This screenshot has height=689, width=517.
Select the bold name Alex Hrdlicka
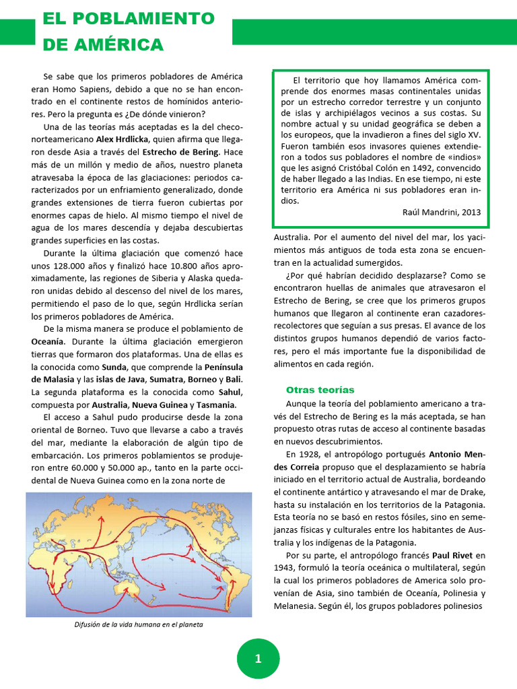123,139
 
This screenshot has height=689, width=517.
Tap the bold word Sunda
114,367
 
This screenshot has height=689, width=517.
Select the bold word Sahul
230,392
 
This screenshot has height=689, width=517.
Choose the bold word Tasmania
215,404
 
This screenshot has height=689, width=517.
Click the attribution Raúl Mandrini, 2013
442,213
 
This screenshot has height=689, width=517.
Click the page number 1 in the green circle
258,659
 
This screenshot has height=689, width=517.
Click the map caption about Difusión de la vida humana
139,624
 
